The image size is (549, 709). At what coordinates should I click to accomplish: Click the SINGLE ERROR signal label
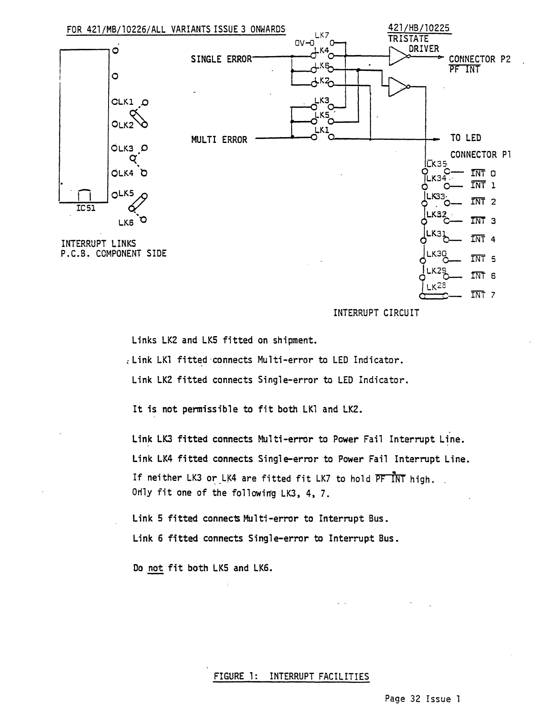(222, 59)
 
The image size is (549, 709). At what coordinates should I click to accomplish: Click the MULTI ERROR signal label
(219, 140)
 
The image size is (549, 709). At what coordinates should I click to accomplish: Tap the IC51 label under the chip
(85, 208)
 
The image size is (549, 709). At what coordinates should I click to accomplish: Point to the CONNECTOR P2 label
(479, 59)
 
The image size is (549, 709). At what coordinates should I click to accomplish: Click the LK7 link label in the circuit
(322, 35)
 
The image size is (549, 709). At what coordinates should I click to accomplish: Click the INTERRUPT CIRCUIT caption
(376, 313)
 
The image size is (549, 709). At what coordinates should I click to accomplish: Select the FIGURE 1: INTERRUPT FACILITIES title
(292, 677)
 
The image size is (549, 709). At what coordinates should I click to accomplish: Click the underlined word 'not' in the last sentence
(155, 568)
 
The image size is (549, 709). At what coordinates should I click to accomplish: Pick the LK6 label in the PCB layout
(125, 222)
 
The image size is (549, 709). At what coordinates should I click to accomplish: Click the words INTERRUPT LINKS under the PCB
(98, 243)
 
